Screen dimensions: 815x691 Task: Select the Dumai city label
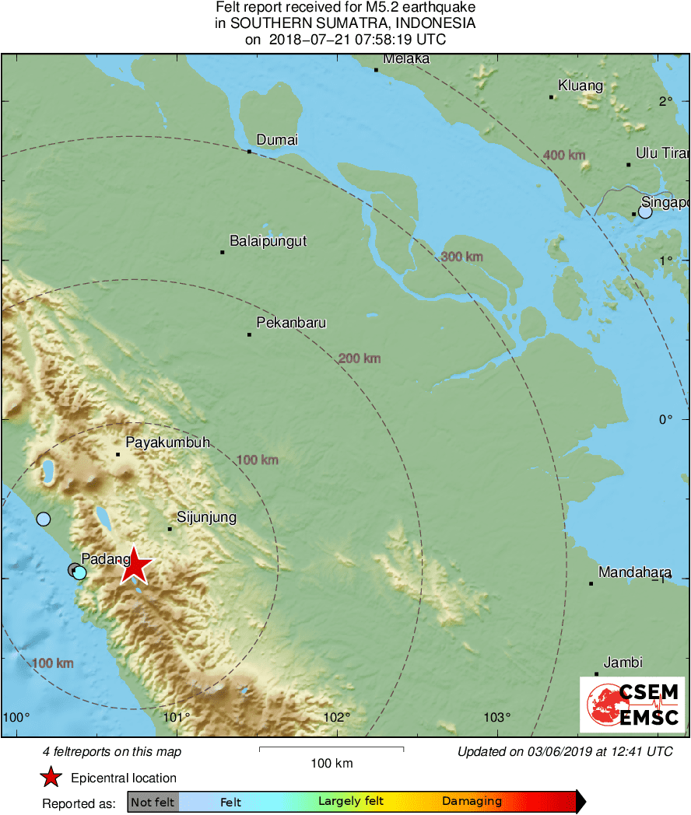277,140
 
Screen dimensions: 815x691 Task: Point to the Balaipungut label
268,241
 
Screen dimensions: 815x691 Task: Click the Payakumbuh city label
168,442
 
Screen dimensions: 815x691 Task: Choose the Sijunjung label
206,517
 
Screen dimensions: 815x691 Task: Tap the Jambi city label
623,663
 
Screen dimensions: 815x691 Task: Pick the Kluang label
581,86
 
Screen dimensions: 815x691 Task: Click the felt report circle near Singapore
645,212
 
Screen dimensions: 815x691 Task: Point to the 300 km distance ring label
462,257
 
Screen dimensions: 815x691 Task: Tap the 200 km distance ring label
360,359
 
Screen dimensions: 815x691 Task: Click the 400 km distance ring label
564,156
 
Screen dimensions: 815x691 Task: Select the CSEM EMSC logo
632,703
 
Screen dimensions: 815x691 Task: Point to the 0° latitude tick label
665,420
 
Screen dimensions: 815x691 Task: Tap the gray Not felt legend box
153,802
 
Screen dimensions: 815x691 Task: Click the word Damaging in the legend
472,802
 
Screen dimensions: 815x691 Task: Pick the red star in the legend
51,778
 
